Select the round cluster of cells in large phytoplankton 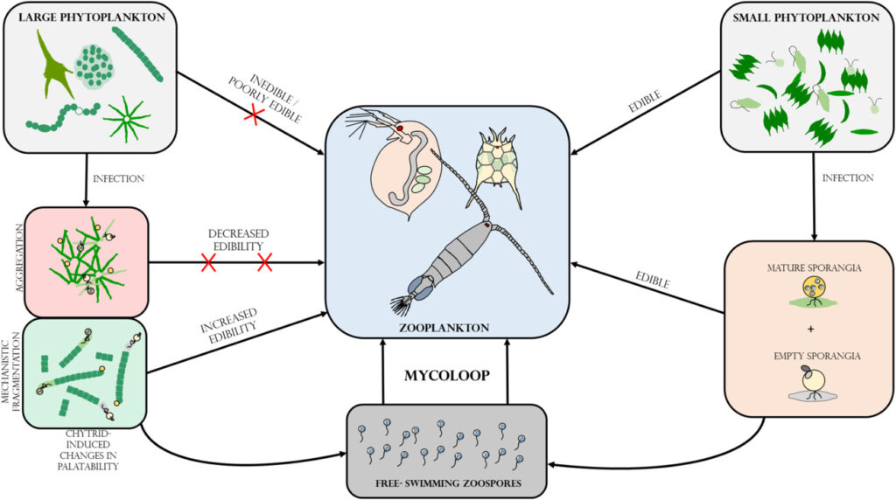95,66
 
